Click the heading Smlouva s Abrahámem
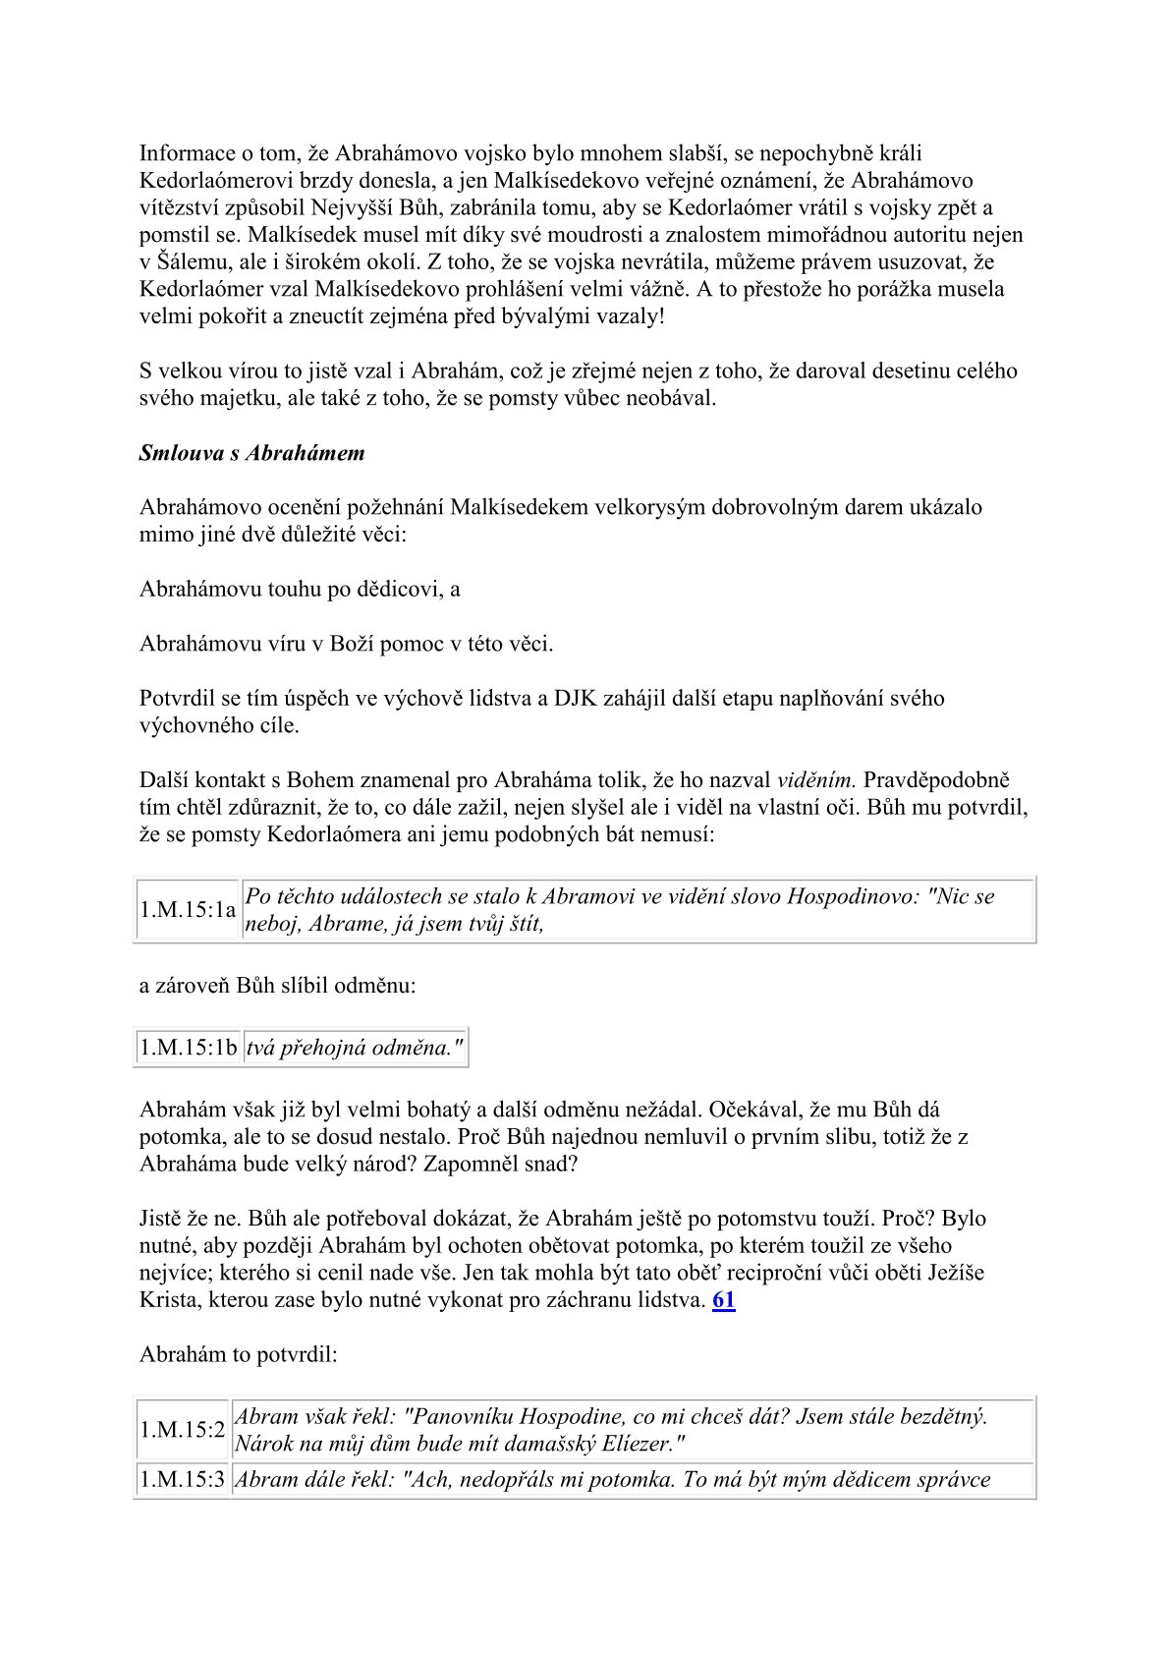251,453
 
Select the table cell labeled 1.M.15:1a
188,910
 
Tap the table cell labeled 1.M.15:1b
189,1048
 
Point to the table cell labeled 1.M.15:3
183,1479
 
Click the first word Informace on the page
187,153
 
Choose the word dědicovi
388,590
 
